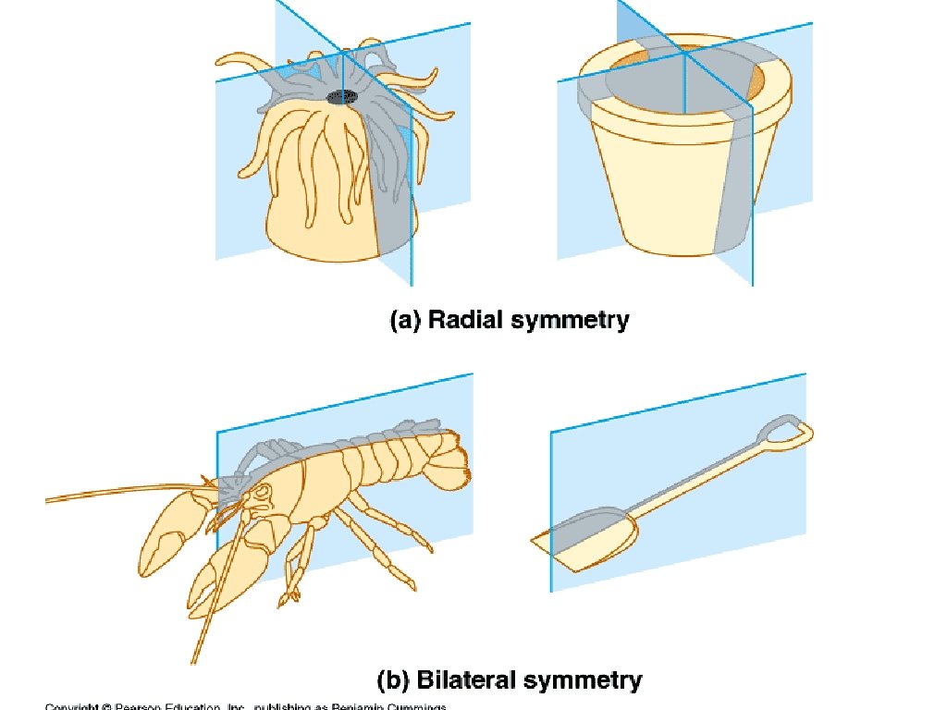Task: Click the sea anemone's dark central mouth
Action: (344, 95)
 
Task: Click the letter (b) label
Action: (395, 681)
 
